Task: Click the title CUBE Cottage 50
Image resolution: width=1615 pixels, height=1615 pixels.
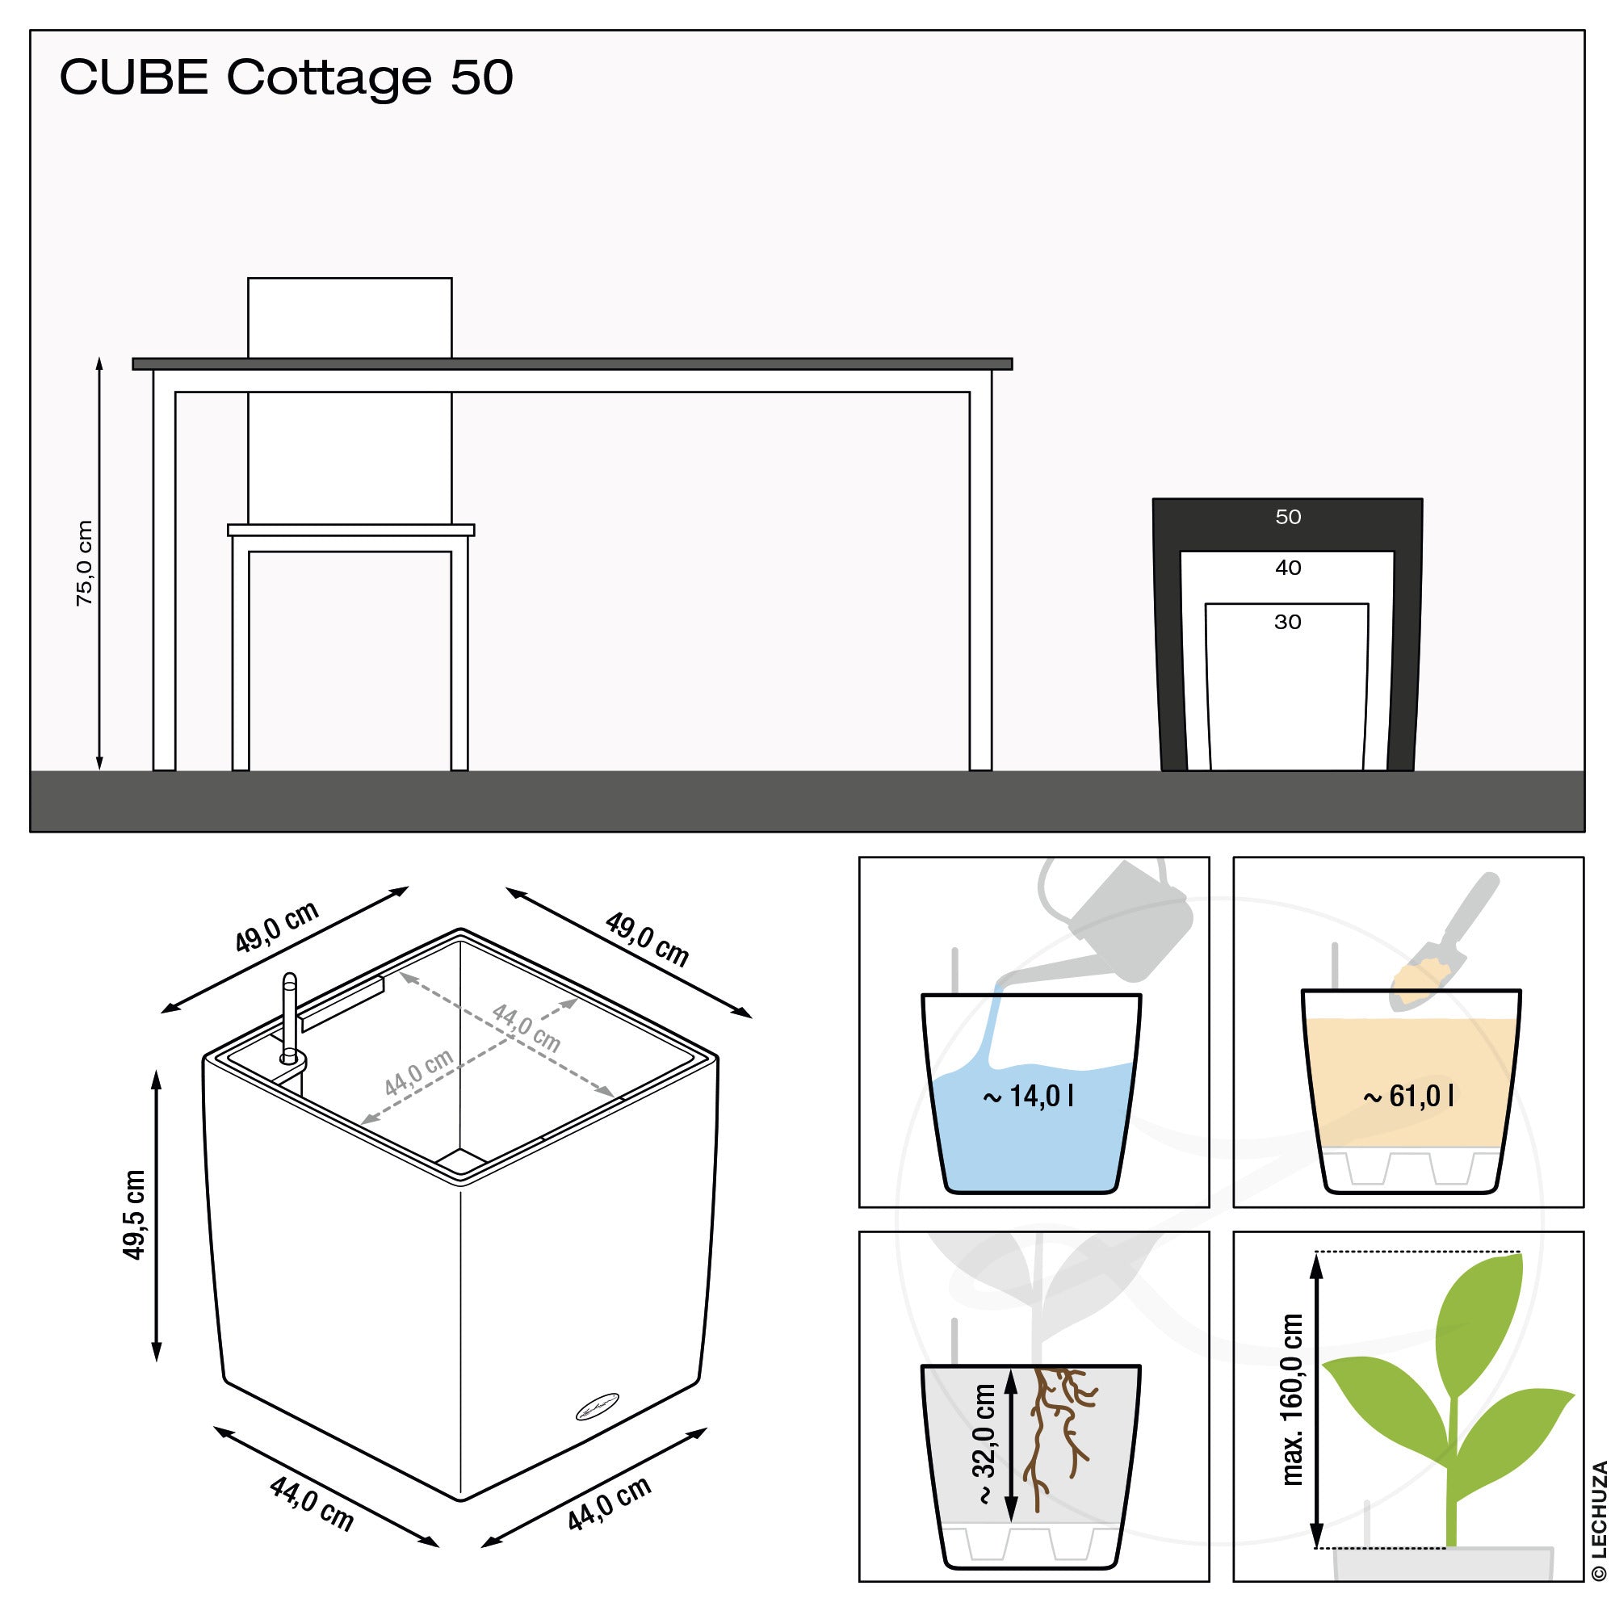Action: click(x=286, y=78)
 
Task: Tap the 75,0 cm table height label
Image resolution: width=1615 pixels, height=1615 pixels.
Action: click(x=85, y=563)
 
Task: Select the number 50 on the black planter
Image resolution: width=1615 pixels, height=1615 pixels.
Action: click(x=1287, y=517)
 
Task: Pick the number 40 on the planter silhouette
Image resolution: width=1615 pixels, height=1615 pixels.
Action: click(x=1287, y=568)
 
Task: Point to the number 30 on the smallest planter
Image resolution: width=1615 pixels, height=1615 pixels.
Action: click(x=1287, y=621)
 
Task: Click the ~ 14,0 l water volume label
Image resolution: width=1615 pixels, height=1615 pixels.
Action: click(x=1027, y=1095)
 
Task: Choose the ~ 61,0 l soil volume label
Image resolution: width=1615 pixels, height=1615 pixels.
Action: click(x=1408, y=1095)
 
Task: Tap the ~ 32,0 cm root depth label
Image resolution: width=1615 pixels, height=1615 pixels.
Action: click(x=985, y=1444)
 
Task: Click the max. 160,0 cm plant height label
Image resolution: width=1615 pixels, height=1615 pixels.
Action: click(x=1292, y=1399)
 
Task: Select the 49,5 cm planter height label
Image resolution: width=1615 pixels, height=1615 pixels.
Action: click(x=134, y=1214)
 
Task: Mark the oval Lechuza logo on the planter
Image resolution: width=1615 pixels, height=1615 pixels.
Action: click(x=597, y=1406)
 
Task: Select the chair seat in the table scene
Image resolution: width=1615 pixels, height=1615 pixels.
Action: click(x=351, y=530)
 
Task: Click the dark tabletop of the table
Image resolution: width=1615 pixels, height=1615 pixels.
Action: click(x=572, y=363)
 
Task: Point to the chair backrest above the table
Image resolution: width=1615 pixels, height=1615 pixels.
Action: click(x=350, y=317)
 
